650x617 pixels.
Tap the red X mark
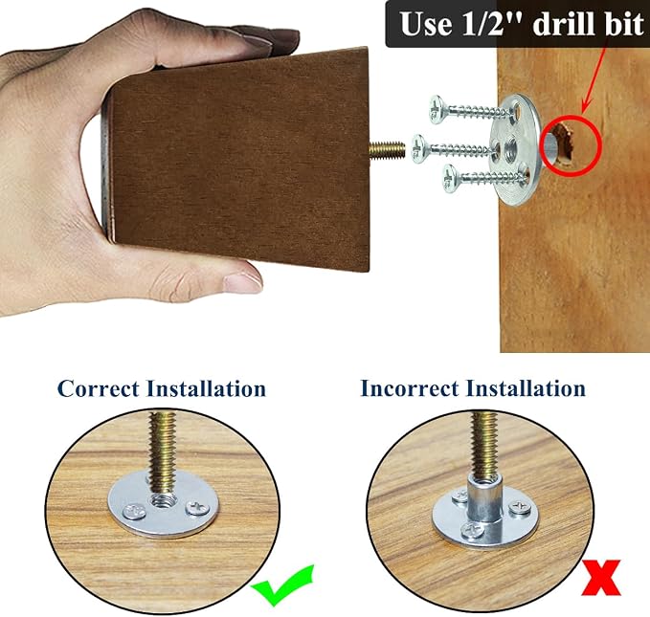coord(601,578)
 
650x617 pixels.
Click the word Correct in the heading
coord(98,388)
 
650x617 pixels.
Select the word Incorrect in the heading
coord(410,388)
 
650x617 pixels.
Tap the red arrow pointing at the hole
coord(594,80)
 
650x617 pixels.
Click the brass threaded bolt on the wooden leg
coord(387,150)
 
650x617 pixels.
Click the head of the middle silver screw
coord(419,148)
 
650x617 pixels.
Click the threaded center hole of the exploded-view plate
coord(509,148)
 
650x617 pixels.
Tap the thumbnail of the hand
coord(243,283)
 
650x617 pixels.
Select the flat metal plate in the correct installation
coord(164,504)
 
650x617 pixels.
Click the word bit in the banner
coord(624,24)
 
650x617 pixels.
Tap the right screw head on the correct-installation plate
coord(198,508)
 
